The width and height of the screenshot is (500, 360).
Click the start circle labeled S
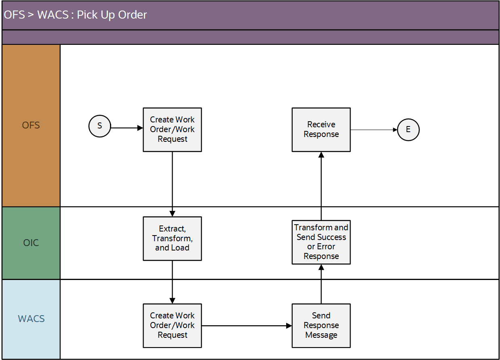[99, 126]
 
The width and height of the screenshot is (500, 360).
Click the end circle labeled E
[408, 130]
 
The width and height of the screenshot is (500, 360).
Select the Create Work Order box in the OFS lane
[172, 130]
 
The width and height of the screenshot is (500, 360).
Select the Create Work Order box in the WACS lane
[172, 326]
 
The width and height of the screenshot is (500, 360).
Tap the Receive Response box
[321, 130]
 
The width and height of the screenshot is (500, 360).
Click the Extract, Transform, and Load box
[172, 238]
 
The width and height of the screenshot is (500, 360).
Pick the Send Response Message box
[321, 326]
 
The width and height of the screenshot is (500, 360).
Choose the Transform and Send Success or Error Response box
[321, 242]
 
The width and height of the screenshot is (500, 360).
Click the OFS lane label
[31, 125]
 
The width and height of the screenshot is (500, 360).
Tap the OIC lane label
[31, 243]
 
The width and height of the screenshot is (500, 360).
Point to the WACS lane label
[31, 319]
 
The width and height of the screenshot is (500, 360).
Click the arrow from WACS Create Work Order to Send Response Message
[247, 326]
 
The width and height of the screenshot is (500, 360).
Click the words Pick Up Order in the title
[112, 15]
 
